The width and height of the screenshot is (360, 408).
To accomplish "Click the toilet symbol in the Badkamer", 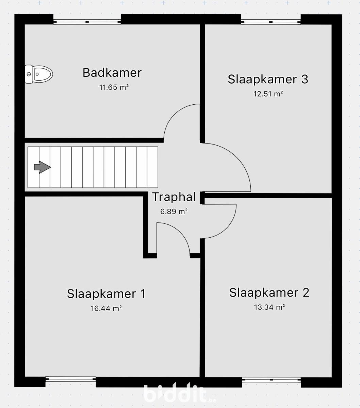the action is click(39, 74).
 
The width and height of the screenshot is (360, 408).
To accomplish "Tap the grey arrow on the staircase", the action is click(42, 167).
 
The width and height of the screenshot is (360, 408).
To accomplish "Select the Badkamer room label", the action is click(112, 73).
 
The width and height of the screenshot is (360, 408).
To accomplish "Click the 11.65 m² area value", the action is click(114, 87).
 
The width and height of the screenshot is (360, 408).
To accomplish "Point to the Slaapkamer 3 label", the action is click(268, 79).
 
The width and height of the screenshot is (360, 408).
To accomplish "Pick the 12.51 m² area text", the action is click(268, 94).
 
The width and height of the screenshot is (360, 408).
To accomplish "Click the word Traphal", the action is click(174, 197).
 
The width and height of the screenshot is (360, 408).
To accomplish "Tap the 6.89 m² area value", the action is click(174, 211).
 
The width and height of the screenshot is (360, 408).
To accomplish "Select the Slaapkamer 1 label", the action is click(106, 294).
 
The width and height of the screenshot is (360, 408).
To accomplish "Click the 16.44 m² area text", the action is click(106, 308).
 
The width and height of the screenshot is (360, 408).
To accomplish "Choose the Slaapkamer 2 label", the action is click(269, 293).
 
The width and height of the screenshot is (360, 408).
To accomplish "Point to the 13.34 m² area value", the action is click(269, 307).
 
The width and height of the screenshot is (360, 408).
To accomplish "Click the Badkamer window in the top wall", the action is click(87, 22).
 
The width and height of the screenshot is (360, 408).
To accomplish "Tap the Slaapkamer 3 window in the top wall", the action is click(271, 22).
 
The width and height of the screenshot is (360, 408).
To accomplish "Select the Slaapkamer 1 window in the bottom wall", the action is click(70, 379).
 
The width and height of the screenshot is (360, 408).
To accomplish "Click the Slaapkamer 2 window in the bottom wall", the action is click(271, 379).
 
